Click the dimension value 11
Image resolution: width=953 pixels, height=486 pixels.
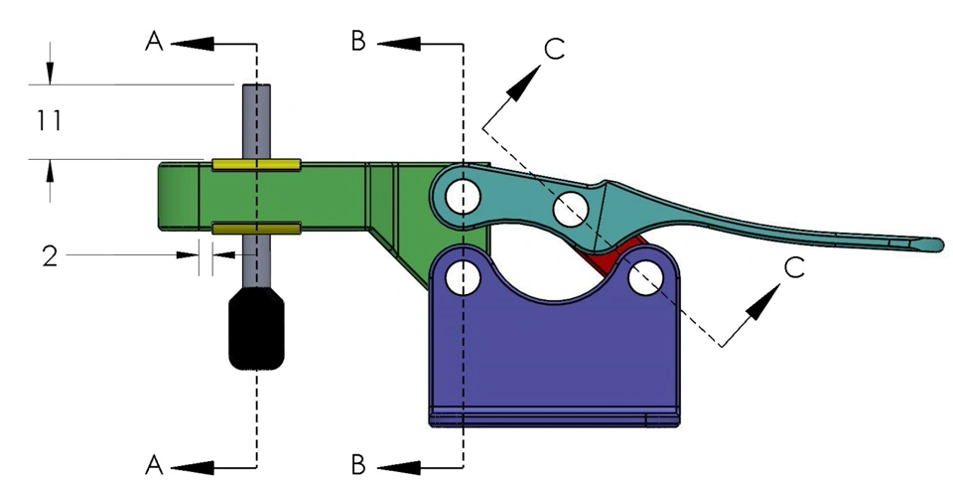tap(50, 121)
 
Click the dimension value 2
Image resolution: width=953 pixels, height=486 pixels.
tap(50, 255)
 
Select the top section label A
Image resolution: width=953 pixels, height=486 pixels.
tap(154, 41)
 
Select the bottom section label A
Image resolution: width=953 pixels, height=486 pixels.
tap(154, 463)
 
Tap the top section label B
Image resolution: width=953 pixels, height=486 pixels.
tap(359, 41)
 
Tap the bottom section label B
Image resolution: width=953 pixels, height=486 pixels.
tap(359, 463)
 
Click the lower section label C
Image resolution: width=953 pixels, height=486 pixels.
tap(792, 266)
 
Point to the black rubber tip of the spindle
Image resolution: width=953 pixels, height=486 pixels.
tap(257, 329)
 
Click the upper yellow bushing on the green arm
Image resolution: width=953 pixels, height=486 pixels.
tap(256, 163)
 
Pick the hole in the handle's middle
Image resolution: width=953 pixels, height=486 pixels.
tap(569, 209)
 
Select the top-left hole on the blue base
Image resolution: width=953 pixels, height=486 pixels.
tap(463, 277)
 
